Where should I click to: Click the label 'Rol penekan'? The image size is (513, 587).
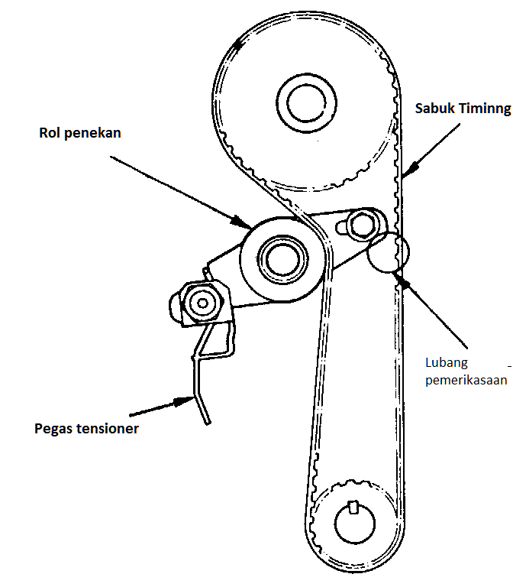(80, 134)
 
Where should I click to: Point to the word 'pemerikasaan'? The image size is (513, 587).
(466, 380)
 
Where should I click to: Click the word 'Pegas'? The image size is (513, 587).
(55, 429)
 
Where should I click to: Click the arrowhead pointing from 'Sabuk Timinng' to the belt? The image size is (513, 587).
(406, 173)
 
